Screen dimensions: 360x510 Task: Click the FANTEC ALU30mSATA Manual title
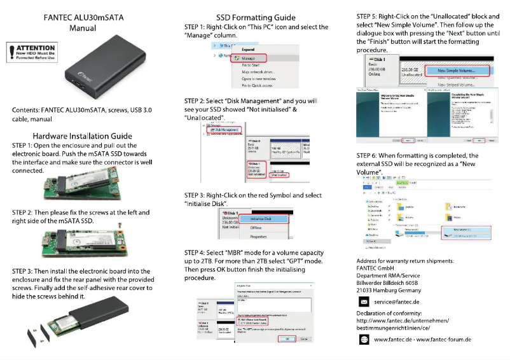click(83, 23)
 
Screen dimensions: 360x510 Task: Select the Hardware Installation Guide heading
click(83, 135)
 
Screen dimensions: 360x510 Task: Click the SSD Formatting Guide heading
click(256, 17)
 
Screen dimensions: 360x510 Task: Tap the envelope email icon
click(364, 301)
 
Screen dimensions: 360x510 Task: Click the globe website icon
click(364, 340)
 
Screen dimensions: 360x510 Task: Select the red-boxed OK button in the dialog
click(287, 339)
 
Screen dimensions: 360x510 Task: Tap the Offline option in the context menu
click(256, 228)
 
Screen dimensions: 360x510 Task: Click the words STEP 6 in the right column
click(369, 156)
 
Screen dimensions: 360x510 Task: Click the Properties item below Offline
click(258, 237)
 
